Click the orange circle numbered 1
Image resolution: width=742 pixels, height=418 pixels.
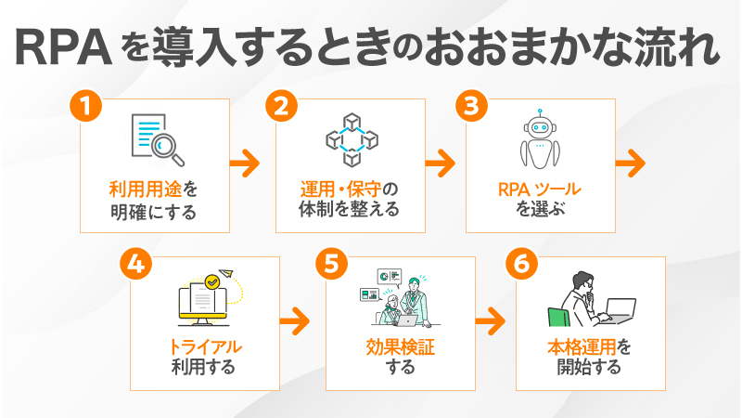point(85,106)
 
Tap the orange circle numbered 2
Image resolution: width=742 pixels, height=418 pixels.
point(282,106)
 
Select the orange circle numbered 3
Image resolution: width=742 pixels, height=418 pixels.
point(472,106)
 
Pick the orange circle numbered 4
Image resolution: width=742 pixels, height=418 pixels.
point(135,264)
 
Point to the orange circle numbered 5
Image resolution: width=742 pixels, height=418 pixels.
point(332,264)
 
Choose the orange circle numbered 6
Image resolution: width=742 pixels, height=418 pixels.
point(522,264)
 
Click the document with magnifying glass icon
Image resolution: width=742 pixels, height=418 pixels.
point(158,140)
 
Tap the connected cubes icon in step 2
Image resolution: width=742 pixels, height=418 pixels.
point(352,140)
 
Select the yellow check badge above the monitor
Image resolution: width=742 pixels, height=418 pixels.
point(212,281)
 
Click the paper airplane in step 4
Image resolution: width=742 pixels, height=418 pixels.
point(226,273)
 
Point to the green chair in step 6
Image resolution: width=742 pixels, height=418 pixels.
point(559,317)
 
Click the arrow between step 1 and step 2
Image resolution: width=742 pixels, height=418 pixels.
point(245,163)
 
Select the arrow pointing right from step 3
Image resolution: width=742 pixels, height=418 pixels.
point(631,163)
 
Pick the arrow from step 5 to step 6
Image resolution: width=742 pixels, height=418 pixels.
point(491,320)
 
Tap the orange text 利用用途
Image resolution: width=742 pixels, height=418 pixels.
point(146,189)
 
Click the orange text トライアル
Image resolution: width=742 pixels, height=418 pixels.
point(205,347)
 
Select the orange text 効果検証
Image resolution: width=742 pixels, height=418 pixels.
point(401,347)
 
